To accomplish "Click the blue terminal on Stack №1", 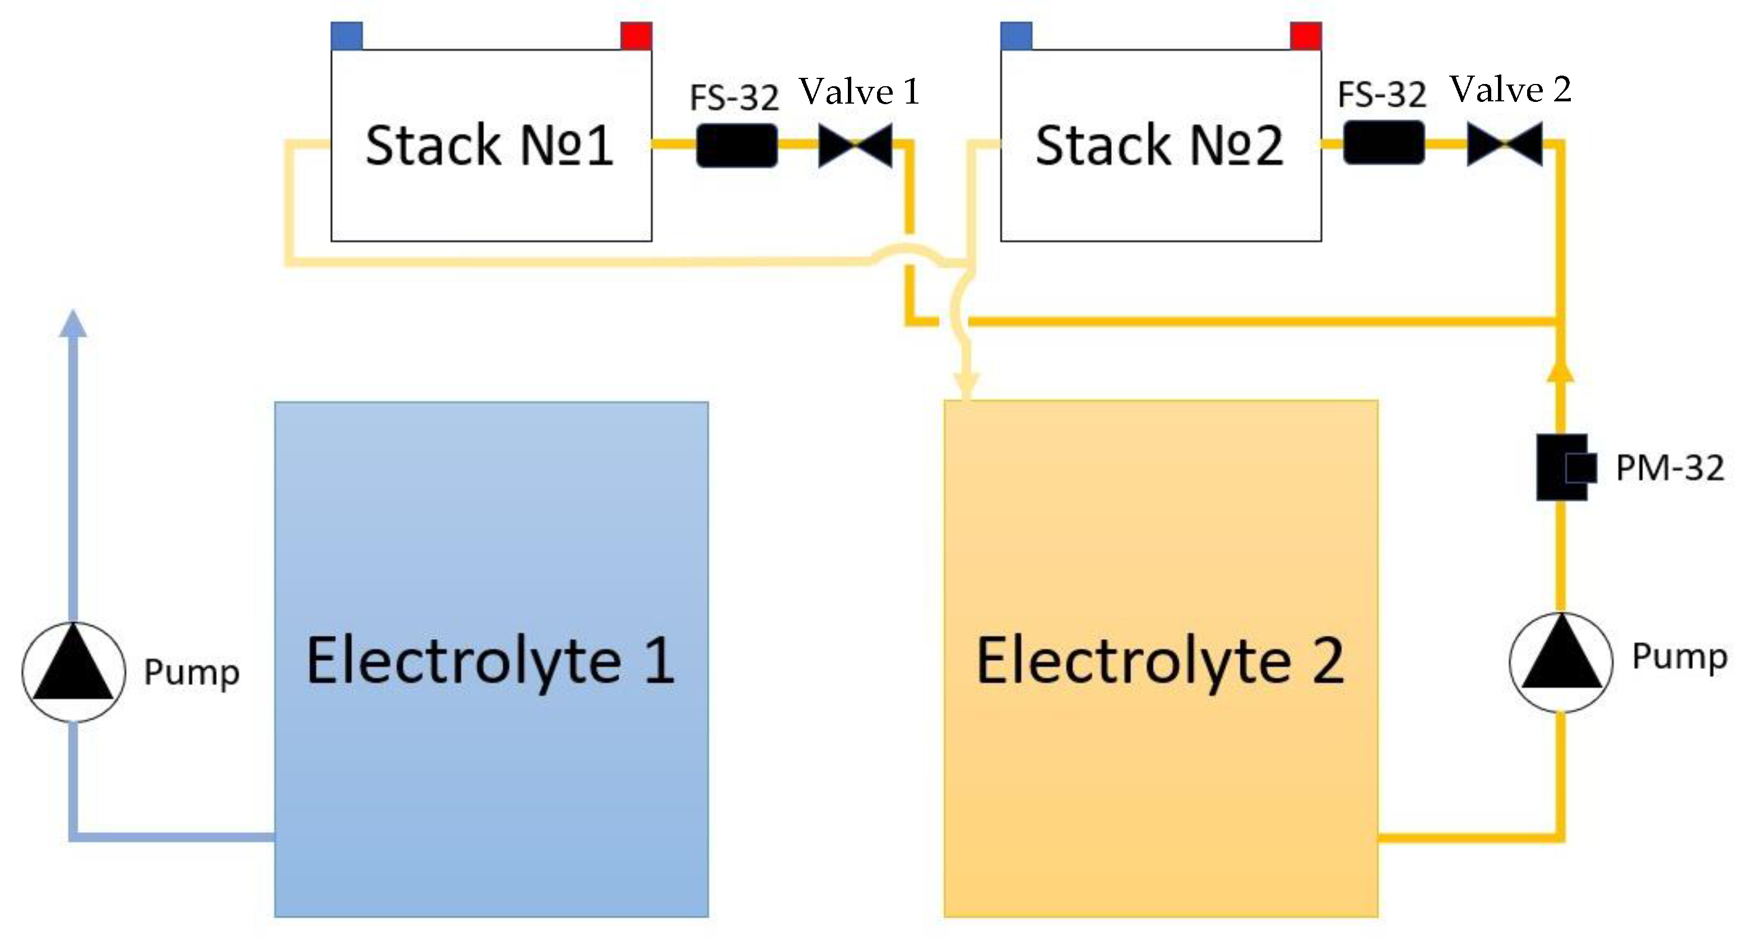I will pos(347,35).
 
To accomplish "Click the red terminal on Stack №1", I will pos(636,35).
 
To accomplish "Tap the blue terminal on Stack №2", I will pos(1016,35).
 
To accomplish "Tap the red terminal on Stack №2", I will pos(1306,35).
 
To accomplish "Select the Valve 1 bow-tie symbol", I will pos(855,144).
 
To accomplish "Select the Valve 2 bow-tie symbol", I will pos(1504,144).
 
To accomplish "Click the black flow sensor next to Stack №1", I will pos(736,145).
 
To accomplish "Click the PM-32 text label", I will pos(1669,468).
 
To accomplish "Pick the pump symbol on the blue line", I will pos(74,672).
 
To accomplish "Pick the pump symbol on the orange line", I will pos(1561,662).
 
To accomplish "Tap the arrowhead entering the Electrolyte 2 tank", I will pos(966,385).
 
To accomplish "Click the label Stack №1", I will pos(489,145).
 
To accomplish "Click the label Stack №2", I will pos(1159,145).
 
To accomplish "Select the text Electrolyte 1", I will pos(490,660).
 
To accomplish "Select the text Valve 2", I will pos(1510,90).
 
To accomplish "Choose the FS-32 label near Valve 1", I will pos(734,97).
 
